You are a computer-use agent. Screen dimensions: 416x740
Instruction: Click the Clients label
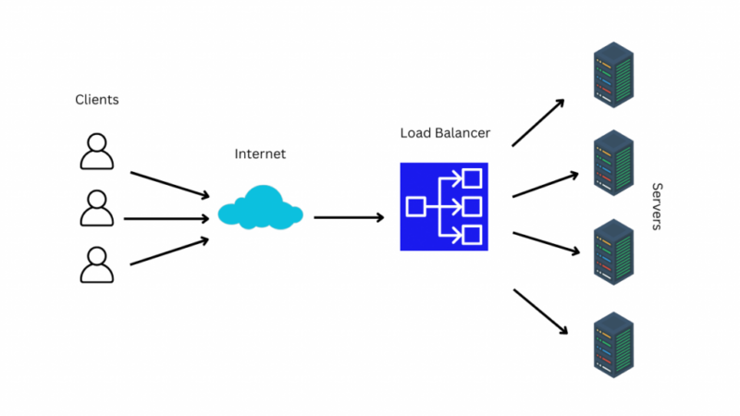point(97,100)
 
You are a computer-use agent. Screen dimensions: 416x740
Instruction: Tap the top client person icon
point(97,152)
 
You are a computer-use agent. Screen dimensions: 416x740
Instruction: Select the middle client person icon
point(97,208)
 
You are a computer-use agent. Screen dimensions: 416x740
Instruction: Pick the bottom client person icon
point(97,264)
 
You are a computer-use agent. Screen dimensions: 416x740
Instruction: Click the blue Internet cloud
point(260,208)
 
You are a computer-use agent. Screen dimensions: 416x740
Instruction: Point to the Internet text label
point(260,154)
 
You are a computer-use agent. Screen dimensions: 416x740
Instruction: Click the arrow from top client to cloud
point(170,184)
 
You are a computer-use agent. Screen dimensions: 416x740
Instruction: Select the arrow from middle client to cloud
point(166,219)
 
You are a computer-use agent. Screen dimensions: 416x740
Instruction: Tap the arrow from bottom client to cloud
point(170,251)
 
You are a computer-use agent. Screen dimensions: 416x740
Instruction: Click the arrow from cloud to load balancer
point(349,217)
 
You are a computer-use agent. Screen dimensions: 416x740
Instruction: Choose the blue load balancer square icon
point(444,206)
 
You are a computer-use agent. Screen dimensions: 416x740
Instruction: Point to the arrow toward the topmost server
point(538,122)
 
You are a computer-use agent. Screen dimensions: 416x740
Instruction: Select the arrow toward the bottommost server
point(539,312)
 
